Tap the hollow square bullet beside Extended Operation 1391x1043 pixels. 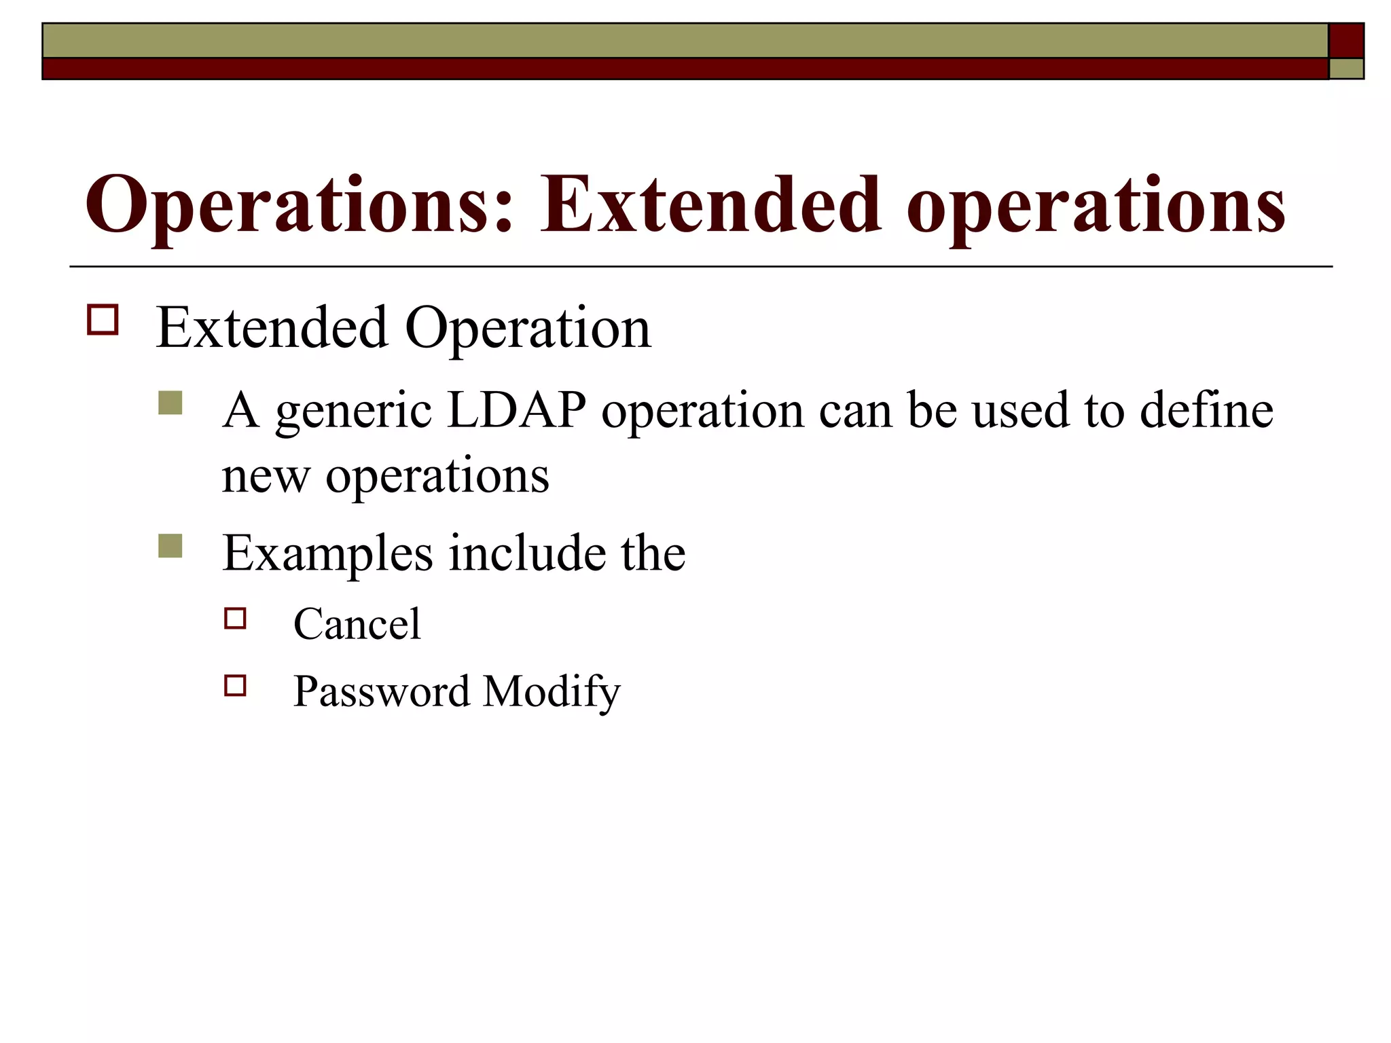tap(103, 319)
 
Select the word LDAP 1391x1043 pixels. tap(517, 410)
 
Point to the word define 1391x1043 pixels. tap(1206, 410)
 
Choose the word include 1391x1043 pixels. tap(527, 553)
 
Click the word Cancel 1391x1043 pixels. tap(357, 624)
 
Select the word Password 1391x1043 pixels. tap(381, 691)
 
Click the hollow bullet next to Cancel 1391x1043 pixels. tap(235, 619)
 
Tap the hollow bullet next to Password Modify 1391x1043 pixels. tap(235, 686)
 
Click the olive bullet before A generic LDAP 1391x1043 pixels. tap(170, 403)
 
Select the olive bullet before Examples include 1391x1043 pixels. tap(170, 546)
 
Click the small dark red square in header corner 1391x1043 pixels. tap(1346, 41)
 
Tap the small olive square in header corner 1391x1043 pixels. tap(1346, 69)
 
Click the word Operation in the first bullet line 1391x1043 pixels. tap(528, 329)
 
